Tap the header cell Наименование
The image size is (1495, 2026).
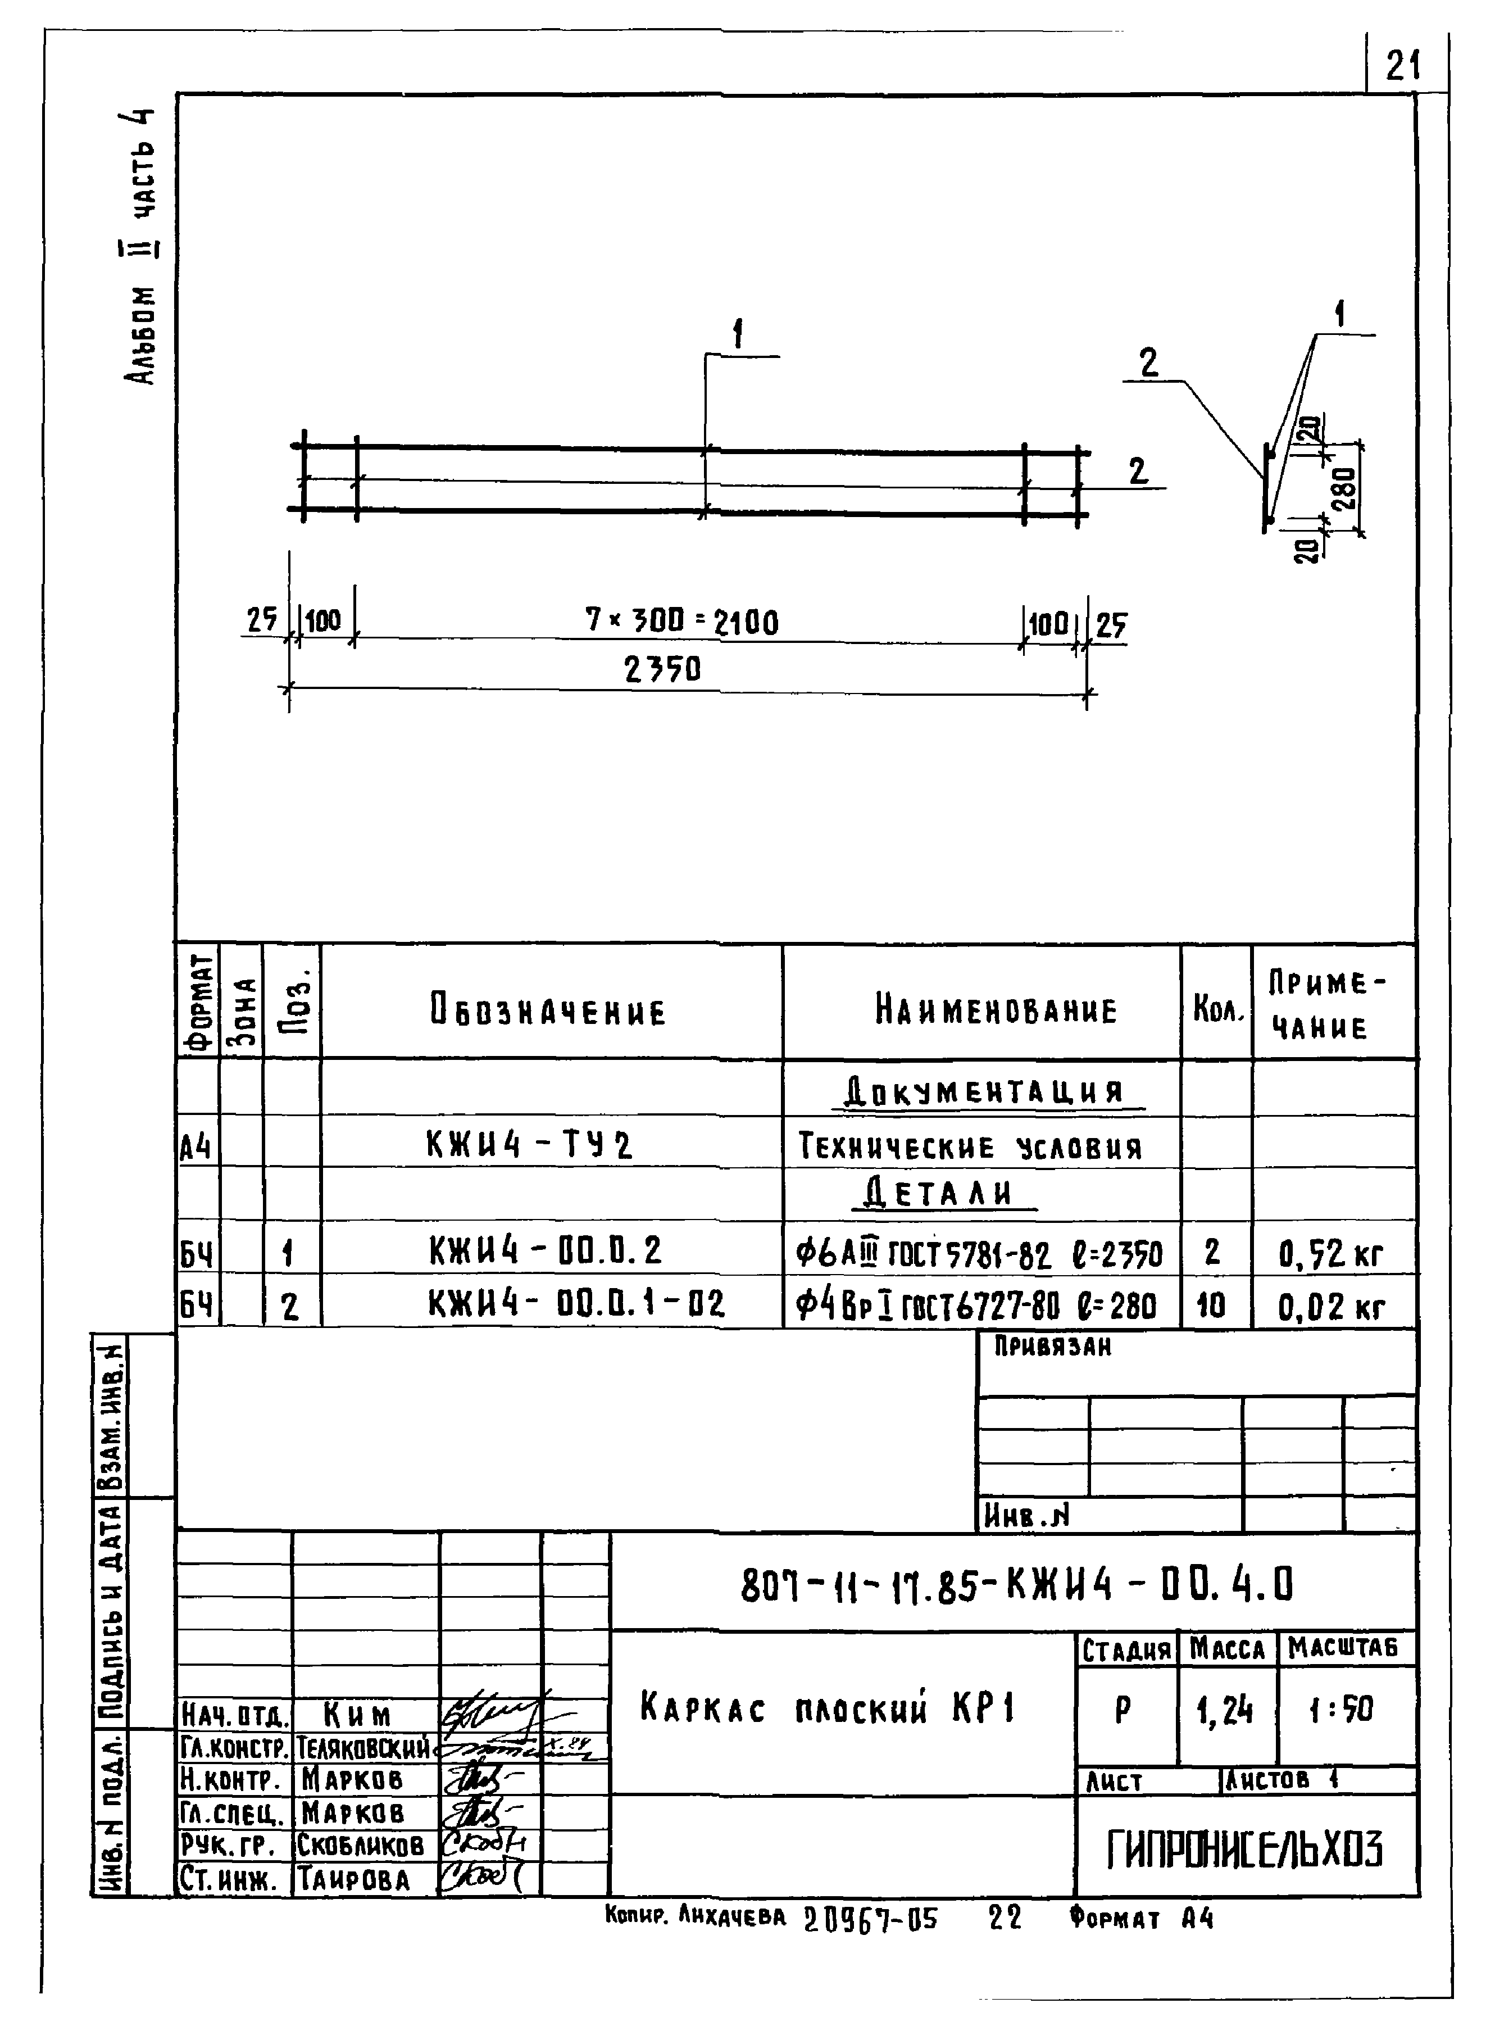click(996, 1009)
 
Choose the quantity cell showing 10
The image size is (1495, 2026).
click(1211, 1304)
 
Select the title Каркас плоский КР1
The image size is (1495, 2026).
click(828, 1708)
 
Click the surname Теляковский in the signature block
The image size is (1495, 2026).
click(364, 1748)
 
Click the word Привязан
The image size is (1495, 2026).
click(1052, 1347)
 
